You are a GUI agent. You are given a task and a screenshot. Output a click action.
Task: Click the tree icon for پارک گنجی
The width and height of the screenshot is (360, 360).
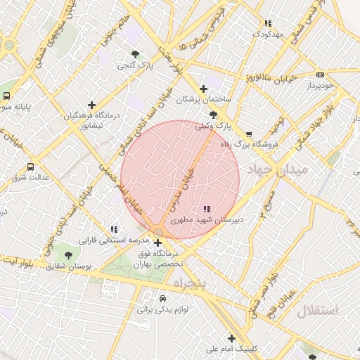coord(135,54)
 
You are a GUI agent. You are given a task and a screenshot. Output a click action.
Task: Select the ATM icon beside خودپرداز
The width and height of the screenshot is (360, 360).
coord(320,75)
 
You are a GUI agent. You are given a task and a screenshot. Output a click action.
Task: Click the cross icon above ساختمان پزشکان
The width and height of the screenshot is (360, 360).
coord(204,89)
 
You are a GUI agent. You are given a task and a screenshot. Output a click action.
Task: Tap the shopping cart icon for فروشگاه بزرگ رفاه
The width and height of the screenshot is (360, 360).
coord(248,134)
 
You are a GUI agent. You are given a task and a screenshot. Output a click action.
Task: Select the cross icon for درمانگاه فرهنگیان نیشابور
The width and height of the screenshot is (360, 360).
coord(91,105)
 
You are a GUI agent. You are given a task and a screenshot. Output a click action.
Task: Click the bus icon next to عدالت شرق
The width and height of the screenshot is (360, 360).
coord(30,167)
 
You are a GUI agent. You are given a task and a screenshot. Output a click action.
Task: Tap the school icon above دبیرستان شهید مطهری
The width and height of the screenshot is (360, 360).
coord(207,209)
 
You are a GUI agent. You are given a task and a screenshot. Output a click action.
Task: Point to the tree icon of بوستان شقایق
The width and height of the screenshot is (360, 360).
coord(68,255)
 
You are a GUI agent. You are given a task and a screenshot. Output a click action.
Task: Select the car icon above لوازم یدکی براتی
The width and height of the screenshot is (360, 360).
coord(162,298)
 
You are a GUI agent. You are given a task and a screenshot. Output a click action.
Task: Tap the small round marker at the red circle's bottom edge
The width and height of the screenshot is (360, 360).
coord(159,231)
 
